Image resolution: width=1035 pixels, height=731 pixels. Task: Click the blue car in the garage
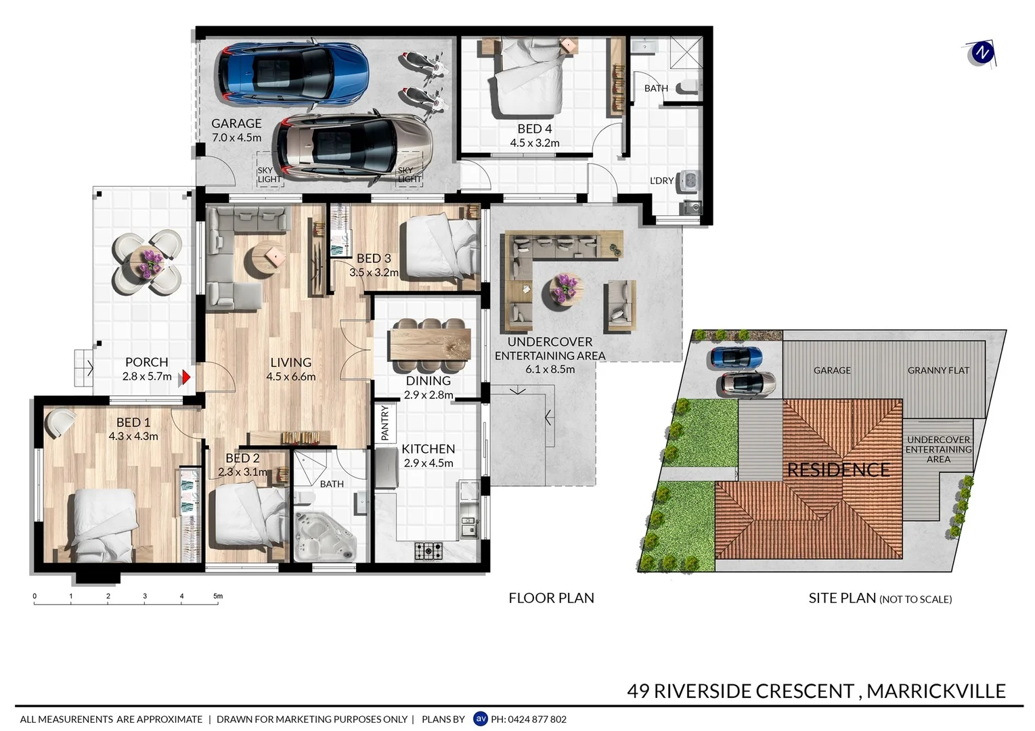pos(292,73)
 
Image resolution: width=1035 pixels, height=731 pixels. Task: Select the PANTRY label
pos(385,423)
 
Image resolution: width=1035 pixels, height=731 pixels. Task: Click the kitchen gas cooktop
pos(428,551)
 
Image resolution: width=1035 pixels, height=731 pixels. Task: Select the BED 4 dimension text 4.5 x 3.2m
pos(534,143)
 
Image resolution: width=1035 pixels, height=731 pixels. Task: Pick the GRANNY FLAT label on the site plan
pos(938,370)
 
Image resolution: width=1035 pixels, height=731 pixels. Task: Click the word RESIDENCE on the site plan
pos(838,470)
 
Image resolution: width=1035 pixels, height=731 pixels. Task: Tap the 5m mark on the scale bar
pos(218,597)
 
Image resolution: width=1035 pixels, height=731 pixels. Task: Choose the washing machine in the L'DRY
pos(690,181)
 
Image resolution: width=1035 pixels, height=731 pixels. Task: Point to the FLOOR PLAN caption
pos(551,598)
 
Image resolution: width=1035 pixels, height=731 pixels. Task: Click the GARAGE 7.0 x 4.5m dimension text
pos(236,137)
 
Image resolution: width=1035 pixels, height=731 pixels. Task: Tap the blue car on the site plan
pos(736,357)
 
